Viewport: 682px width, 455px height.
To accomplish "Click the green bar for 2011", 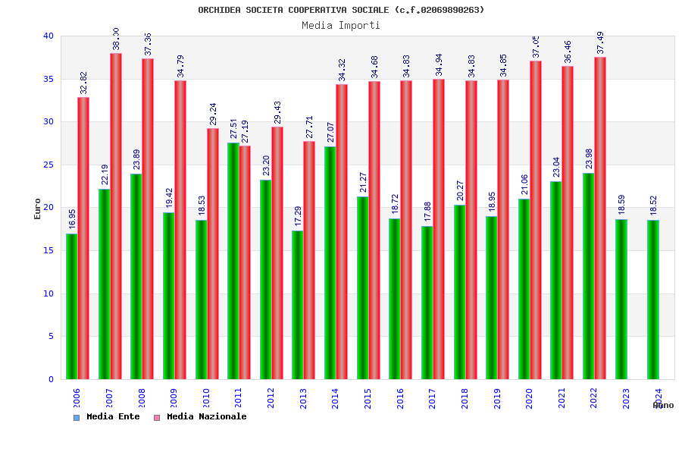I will coord(233,261).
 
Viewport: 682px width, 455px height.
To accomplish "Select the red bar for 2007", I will coord(116,216).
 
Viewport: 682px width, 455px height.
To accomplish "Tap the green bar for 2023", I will coord(621,299).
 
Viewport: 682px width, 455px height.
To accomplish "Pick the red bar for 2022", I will coord(600,218).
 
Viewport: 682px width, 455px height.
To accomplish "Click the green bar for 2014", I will coord(330,262).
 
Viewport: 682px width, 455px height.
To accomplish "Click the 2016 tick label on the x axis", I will coord(400,399).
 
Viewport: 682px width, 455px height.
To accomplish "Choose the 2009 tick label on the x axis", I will coord(174,399).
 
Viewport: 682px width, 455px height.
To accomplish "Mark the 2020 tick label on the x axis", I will coord(530,399).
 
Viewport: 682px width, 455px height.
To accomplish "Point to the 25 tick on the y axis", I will coord(48,165).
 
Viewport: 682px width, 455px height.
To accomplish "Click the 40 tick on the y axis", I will coord(48,36).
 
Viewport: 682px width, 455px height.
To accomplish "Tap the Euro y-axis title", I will coord(38,209).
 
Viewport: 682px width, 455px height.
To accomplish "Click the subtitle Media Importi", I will coord(341,25).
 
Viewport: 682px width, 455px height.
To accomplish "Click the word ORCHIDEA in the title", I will coord(219,10).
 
